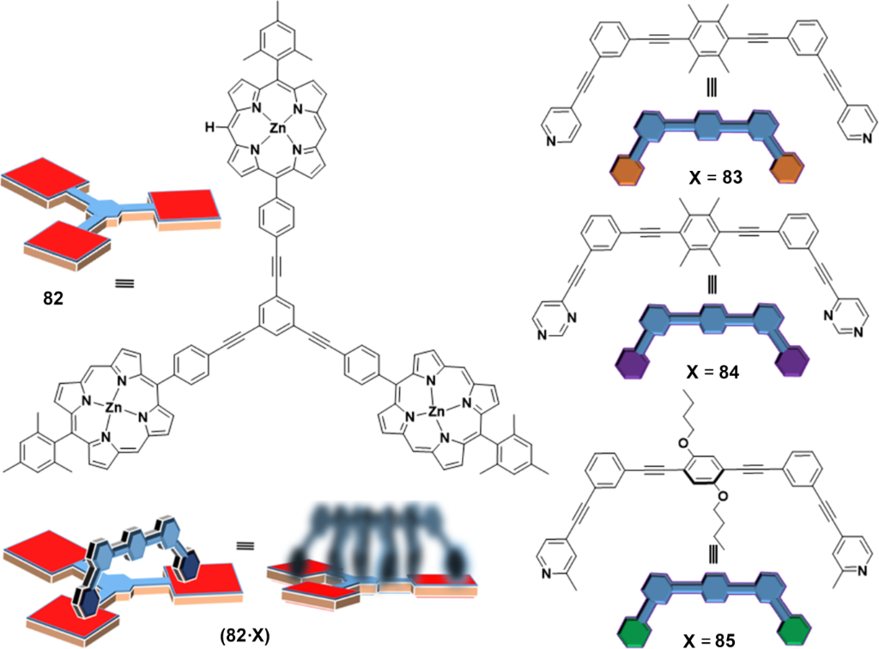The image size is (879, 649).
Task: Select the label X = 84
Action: point(709,374)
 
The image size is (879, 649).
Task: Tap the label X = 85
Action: point(710,639)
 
